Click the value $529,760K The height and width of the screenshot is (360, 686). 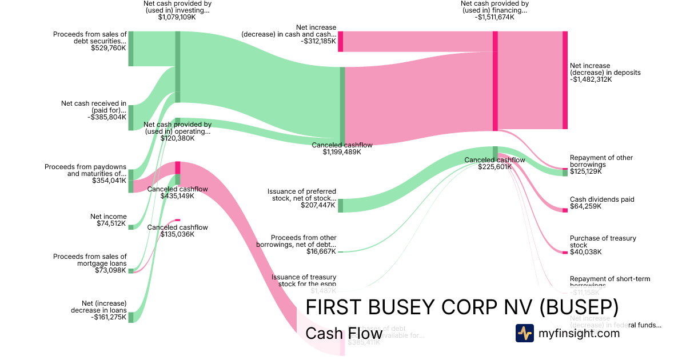tap(108, 49)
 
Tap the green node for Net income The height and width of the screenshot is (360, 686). tap(130, 227)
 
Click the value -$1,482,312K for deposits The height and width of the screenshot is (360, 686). tap(591, 80)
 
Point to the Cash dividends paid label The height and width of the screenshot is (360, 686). tap(602, 199)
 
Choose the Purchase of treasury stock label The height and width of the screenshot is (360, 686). tap(603, 242)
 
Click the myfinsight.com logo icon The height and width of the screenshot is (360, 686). tap(524, 333)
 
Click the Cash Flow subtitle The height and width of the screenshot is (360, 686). tap(344, 333)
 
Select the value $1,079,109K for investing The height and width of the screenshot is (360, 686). tap(177, 17)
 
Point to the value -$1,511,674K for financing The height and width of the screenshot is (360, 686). tap(494, 17)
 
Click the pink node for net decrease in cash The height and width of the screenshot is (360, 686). tap(340, 42)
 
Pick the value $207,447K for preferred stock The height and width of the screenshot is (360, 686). tap(318, 205)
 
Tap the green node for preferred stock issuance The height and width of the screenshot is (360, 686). tap(340, 206)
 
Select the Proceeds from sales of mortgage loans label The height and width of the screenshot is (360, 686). tap(90, 260)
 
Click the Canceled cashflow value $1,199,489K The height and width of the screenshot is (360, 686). tap(342, 152)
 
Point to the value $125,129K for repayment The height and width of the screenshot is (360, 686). tap(585, 171)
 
